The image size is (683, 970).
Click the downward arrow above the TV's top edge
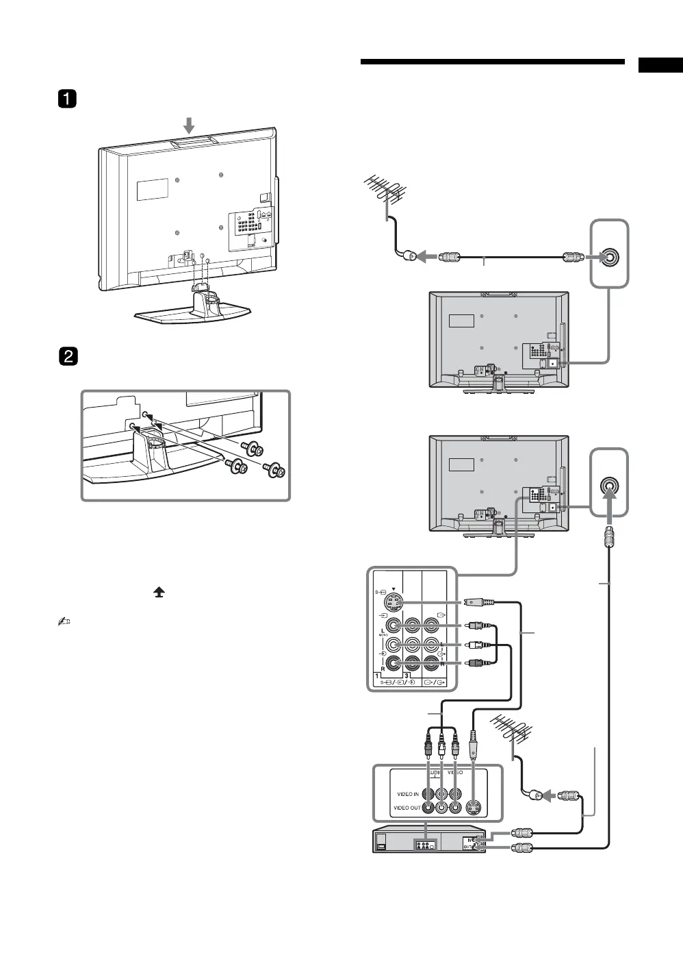(x=190, y=124)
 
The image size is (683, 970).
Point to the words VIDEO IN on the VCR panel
(x=408, y=794)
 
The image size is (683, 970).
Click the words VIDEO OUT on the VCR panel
(x=407, y=808)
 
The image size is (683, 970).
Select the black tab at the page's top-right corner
(x=661, y=65)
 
